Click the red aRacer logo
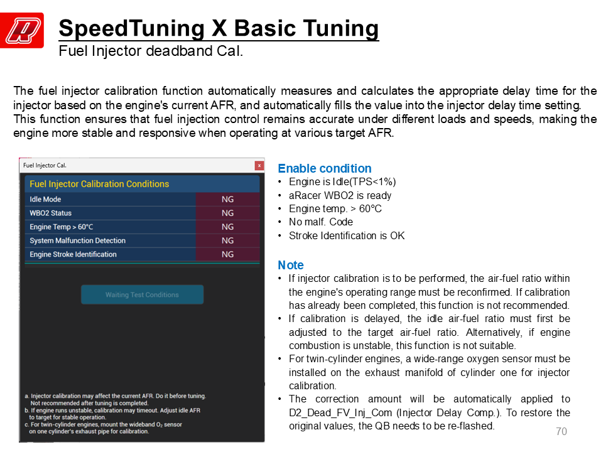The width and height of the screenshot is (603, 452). (21, 30)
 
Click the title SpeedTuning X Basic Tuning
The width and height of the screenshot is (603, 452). (219, 28)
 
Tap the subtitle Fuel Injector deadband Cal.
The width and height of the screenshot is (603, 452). (151, 51)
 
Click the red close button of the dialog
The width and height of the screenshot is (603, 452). (259, 165)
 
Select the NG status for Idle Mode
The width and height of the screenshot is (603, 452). (227, 199)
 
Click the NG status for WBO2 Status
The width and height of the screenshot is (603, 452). (227, 213)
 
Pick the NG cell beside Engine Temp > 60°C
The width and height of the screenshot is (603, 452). (227, 227)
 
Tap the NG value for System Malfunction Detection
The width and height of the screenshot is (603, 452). (227, 240)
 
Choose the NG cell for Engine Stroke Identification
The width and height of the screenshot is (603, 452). (227, 254)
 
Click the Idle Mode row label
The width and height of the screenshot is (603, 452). (45, 199)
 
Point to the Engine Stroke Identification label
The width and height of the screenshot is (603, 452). (73, 254)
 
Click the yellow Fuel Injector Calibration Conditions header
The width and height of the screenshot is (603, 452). (99, 184)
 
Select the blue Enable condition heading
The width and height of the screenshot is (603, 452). (325, 168)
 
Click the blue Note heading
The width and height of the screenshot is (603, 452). (291, 265)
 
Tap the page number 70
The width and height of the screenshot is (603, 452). (562, 431)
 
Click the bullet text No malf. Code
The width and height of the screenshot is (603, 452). (321, 222)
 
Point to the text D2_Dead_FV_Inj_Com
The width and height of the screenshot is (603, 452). (340, 412)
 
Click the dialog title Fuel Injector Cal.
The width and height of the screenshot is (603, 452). (45, 165)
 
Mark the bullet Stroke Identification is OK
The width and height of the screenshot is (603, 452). (347, 235)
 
